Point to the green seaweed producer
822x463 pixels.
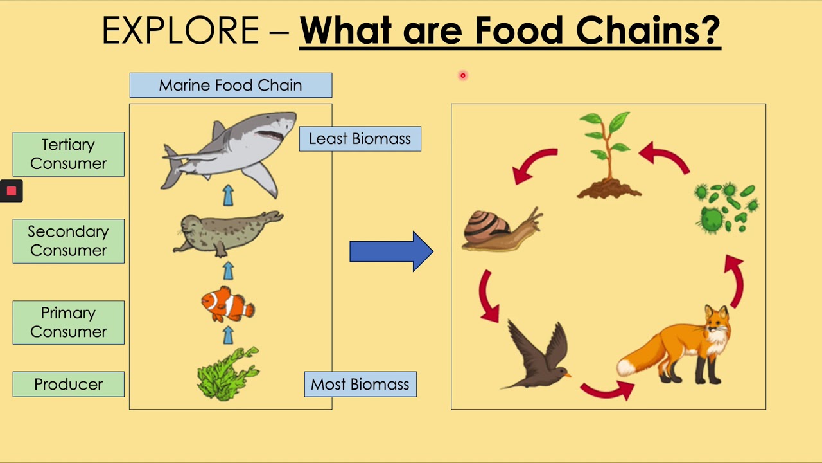227,374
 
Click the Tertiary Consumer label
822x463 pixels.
68,154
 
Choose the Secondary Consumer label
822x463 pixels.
68,241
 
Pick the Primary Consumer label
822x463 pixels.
68,322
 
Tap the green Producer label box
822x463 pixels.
68,384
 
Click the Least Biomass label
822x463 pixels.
360,139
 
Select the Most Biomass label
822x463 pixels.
360,385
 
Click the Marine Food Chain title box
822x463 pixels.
231,86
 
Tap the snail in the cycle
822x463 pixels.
501,230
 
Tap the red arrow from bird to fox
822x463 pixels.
606,388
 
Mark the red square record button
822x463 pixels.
12,191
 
